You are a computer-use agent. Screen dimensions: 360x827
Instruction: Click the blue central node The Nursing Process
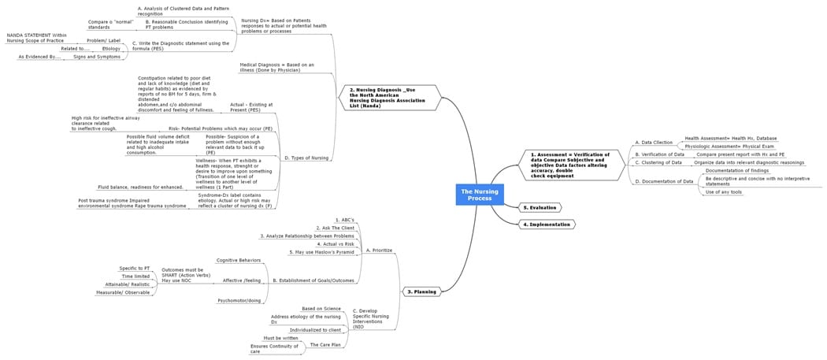477,194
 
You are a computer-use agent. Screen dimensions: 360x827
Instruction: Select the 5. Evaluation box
540,208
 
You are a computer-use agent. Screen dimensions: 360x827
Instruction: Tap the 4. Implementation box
547,225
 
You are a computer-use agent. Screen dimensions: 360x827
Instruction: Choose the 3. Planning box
421,291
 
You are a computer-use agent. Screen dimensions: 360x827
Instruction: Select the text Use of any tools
723,192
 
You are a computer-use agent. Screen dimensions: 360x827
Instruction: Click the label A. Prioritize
379,250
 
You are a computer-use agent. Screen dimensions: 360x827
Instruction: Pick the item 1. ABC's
344,220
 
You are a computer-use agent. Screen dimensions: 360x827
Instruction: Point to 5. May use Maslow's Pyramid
323,252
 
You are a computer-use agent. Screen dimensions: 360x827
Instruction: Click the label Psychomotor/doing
239,300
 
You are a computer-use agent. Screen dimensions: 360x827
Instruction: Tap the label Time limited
135,276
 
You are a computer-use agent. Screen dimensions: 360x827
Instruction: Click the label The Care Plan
324,344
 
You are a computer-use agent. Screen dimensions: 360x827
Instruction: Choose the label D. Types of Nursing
306,158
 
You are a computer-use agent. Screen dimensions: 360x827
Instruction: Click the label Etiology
111,48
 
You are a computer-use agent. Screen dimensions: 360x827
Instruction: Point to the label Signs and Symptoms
97,57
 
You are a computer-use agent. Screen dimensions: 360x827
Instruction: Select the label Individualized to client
315,330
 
